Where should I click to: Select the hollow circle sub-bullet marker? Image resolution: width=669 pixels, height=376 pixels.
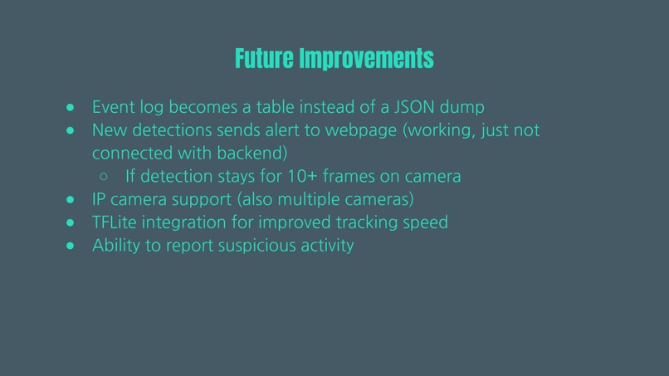(x=104, y=177)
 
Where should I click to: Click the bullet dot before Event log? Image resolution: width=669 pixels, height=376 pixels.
(x=71, y=108)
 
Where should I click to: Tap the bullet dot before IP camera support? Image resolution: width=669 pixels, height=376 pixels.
(x=71, y=200)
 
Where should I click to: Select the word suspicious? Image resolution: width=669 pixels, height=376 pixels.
(x=259, y=247)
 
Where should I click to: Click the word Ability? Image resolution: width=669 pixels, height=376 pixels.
(x=116, y=247)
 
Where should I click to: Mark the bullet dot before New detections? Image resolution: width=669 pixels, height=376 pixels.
(x=71, y=131)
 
